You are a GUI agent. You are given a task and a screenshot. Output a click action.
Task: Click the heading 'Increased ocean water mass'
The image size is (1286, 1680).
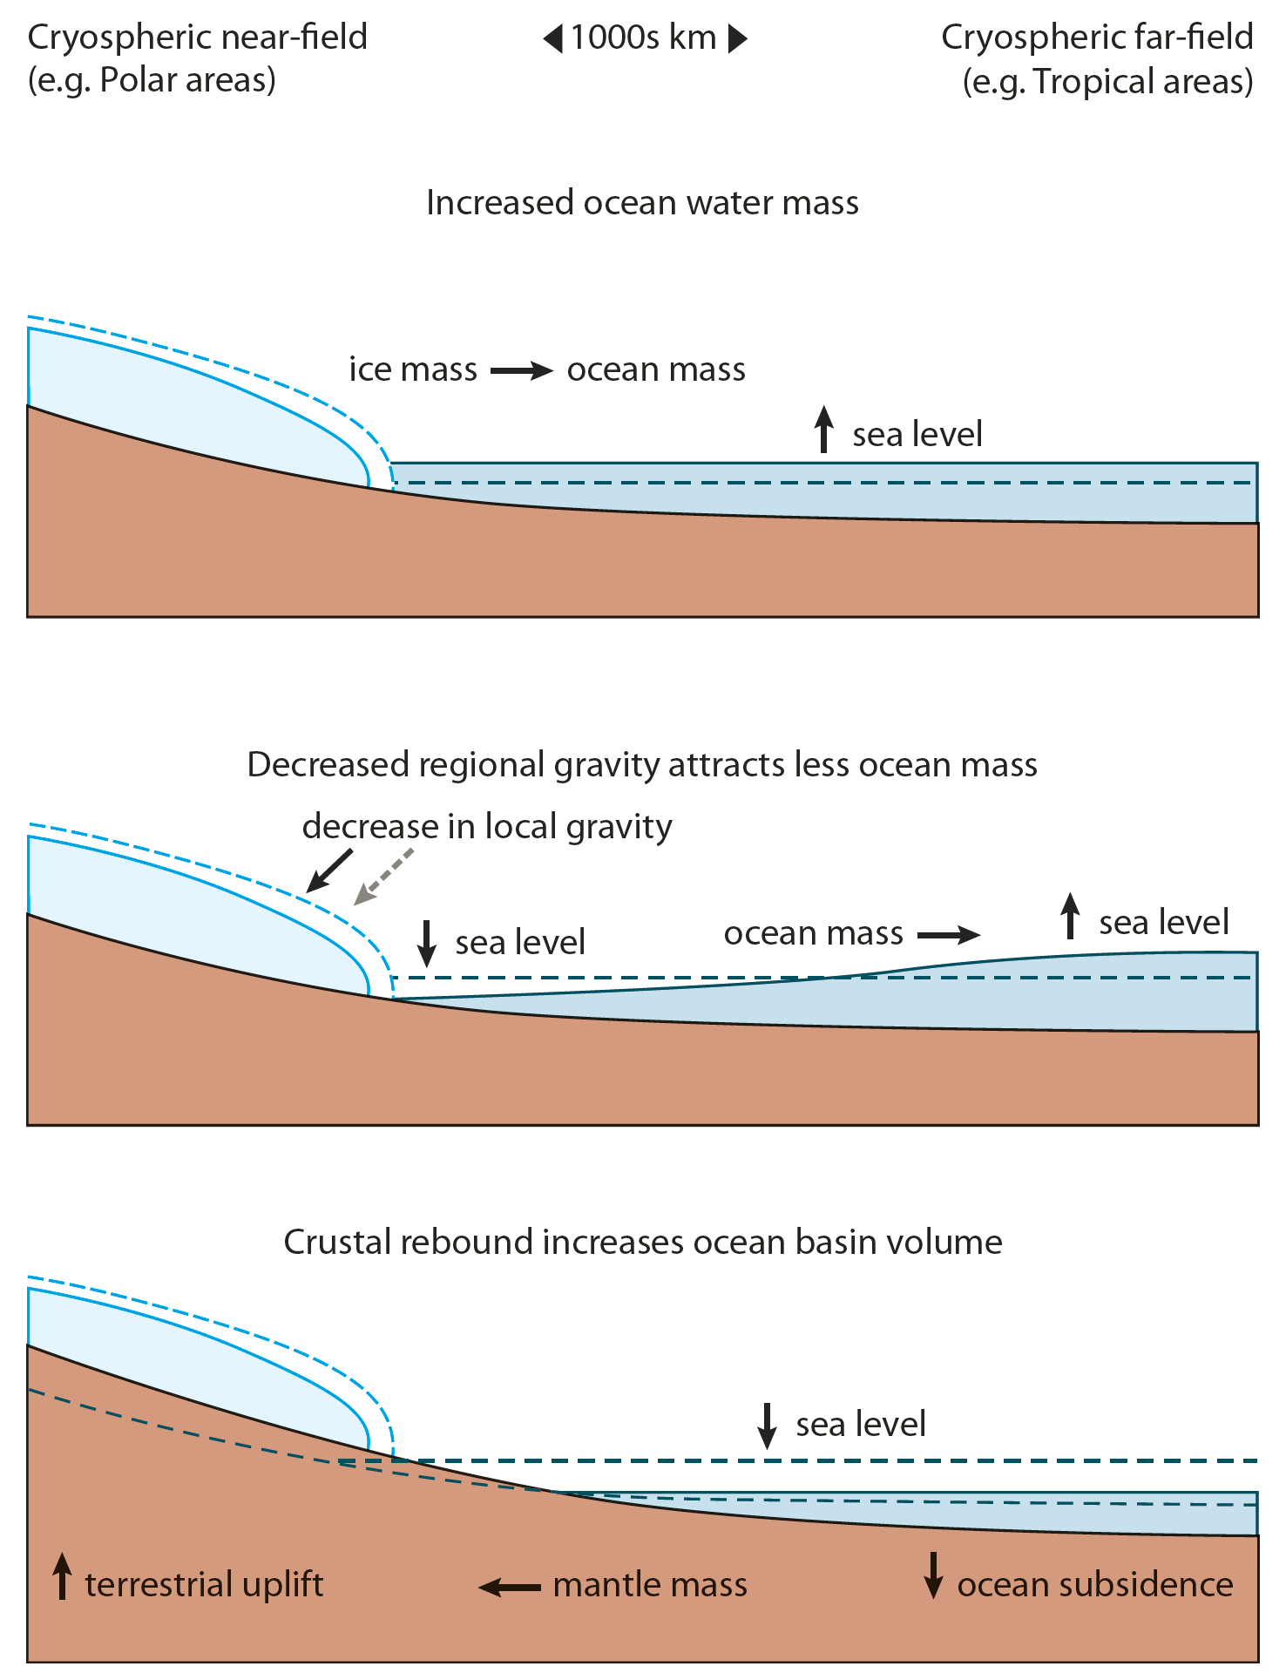pyautogui.click(x=642, y=203)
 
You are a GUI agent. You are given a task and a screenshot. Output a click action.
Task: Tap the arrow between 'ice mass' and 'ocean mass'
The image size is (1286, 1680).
pyautogui.click(x=521, y=371)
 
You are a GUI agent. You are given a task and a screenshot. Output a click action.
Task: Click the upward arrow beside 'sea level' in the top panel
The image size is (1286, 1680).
pyautogui.click(x=823, y=429)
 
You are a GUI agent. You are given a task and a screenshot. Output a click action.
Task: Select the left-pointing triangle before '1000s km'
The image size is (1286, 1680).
pyautogui.click(x=552, y=39)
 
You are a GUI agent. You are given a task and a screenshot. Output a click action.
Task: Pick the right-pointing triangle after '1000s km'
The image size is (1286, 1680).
pyautogui.click(x=737, y=39)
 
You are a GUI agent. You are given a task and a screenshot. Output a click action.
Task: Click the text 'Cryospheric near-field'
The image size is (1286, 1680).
pyautogui.click(x=198, y=37)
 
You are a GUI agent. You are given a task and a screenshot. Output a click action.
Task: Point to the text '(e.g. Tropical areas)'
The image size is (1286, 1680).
pyautogui.click(x=1107, y=82)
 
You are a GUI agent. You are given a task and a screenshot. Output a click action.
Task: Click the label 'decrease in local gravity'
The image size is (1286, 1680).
pyautogui.click(x=487, y=826)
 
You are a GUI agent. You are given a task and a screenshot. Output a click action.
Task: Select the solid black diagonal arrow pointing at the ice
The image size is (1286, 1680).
pyautogui.click(x=329, y=870)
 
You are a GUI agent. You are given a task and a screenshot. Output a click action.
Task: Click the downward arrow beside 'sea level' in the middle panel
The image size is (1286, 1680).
pyautogui.click(x=427, y=943)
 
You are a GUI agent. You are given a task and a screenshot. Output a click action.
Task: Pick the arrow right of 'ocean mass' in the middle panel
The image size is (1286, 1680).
pyautogui.click(x=949, y=936)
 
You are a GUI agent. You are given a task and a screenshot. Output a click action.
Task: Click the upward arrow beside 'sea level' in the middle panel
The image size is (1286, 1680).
pyautogui.click(x=1070, y=916)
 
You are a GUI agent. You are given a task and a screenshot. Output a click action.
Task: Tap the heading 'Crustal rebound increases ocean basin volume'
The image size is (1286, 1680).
pyautogui.click(x=642, y=1242)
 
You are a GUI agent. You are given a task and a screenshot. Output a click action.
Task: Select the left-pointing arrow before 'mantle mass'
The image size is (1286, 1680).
pyautogui.click(x=510, y=1587)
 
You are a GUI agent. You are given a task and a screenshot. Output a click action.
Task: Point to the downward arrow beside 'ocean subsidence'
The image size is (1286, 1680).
pyautogui.click(x=933, y=1575)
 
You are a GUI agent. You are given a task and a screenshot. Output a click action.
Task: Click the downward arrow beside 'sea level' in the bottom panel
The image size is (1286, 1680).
pyautogui.click(x=767, y=1426)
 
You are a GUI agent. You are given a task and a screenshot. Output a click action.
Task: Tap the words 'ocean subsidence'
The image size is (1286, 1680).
pyautogui.click(x=1095, y=1584)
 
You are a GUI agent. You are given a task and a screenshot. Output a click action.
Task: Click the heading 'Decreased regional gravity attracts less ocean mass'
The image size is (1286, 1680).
pyautogui.click(x=642, y=765)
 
